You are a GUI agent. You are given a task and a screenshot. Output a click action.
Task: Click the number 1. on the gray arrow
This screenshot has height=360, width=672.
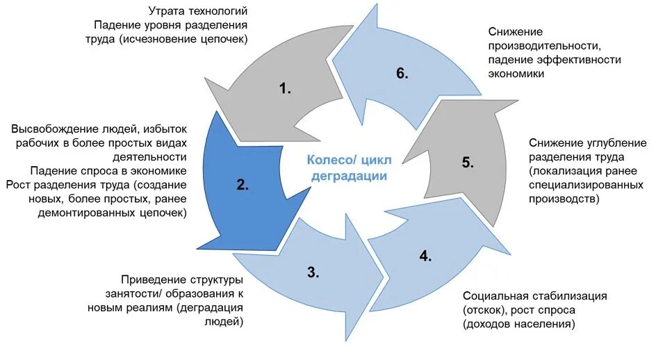point(285,88)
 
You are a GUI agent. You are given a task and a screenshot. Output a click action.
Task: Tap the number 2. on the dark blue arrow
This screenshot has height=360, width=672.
point(243,185)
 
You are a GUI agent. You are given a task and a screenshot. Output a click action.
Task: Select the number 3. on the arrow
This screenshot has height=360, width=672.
point(313,272)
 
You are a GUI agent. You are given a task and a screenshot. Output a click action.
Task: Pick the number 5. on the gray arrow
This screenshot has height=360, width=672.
point(468,163)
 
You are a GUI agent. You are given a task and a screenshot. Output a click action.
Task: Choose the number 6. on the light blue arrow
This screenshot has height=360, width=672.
point(402,74)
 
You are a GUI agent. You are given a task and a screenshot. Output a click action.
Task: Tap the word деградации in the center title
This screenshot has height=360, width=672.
point(349,176)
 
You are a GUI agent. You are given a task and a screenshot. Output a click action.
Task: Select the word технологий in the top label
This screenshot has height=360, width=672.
point(216,11)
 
